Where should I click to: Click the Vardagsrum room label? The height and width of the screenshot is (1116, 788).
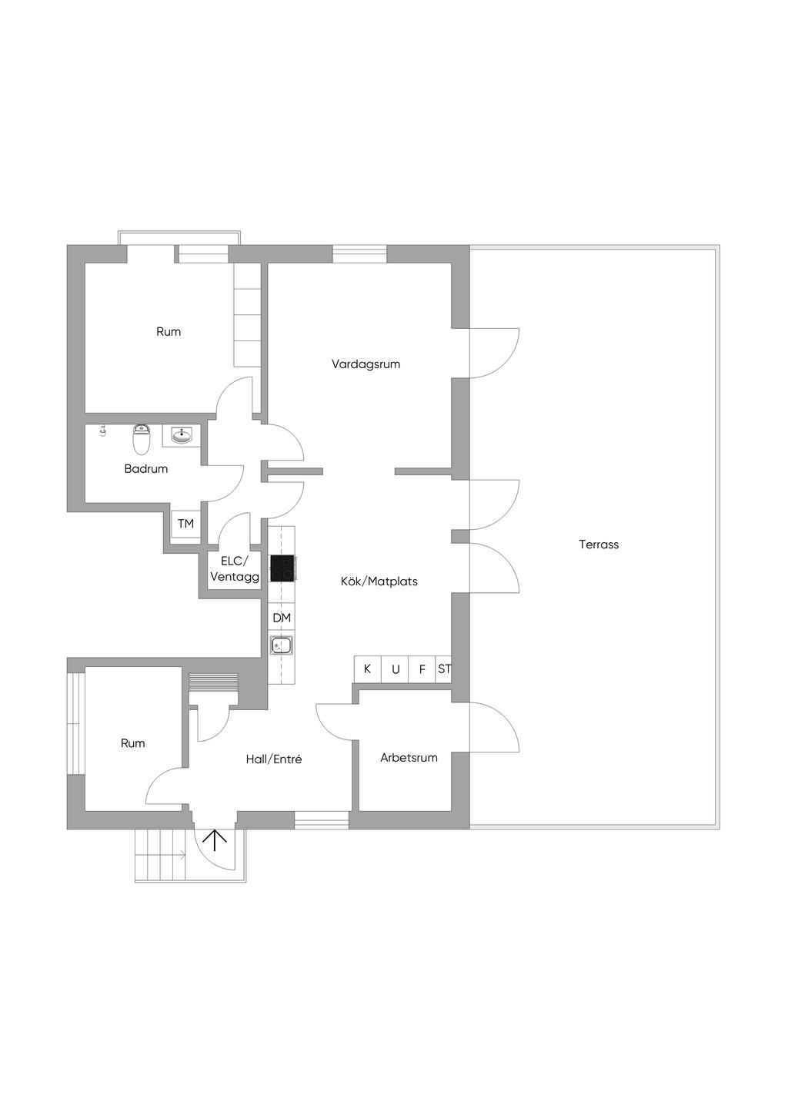[366, 364]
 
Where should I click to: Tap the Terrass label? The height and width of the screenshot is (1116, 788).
[599, 545]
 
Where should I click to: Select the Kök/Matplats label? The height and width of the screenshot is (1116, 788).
[379, 581]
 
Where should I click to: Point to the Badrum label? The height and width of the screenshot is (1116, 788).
[145, 468]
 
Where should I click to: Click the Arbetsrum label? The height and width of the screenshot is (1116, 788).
[409, 758]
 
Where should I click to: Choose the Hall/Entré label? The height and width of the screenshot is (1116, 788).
[273, 759]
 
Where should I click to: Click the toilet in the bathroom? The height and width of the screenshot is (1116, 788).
[141, 440]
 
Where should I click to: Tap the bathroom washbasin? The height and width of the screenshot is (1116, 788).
[182, 437]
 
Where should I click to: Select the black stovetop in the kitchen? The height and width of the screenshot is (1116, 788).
[282, 568]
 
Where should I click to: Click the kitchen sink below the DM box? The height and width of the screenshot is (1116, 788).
[281, 645]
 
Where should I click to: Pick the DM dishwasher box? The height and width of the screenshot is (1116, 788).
[282, 618]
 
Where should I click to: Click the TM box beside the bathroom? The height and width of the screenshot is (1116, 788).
[185, 524]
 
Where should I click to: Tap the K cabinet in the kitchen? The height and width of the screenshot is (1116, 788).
[367, 669]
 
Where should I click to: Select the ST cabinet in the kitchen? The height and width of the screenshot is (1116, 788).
[444, 669]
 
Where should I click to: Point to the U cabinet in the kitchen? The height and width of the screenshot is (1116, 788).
[395, 669]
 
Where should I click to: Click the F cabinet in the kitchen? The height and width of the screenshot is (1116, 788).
[422, 669]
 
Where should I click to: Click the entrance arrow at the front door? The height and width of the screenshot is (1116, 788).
[214, 840]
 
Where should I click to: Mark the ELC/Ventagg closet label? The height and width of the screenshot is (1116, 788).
[235, 568]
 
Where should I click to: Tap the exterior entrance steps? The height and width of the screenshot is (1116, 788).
[162, 855]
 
